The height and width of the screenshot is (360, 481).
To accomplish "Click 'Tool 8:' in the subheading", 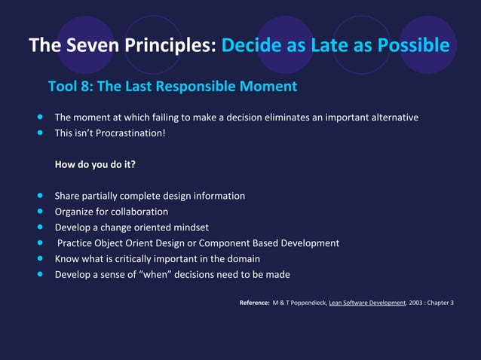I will pos(70,87).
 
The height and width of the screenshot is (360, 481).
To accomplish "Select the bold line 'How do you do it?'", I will pos(95,164).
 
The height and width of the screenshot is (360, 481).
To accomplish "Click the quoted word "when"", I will pos(158,274).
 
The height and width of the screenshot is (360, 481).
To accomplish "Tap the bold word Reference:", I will pos(254,303).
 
